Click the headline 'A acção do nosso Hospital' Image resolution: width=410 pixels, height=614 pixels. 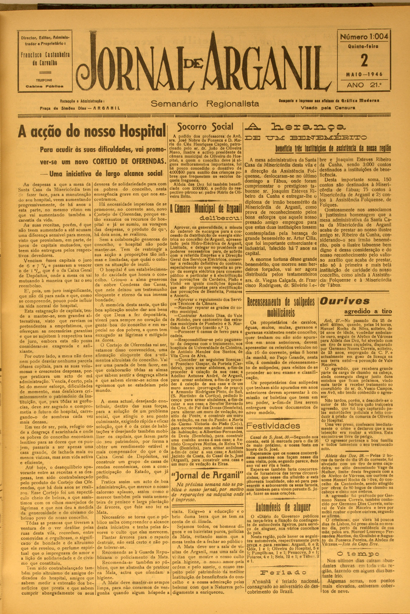click(x=92, y=131)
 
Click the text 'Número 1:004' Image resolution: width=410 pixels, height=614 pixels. click(x=364, y=37)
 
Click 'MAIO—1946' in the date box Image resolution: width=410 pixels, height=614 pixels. click(x=363, y=75)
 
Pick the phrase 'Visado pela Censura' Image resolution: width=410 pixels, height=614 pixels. click(x=328, y=108)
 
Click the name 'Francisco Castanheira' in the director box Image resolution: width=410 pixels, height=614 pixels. click(x=45, y=55)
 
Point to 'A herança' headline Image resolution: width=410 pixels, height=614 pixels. click(x=296, y=126)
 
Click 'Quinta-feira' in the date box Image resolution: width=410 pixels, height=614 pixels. click(x=363, y=47)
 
